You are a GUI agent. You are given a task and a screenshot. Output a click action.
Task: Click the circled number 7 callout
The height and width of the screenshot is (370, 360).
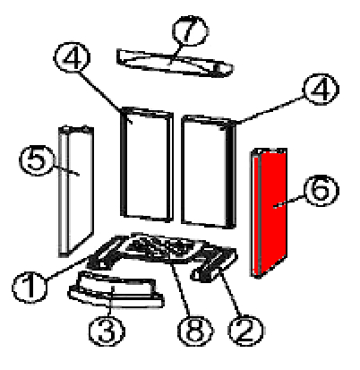point(190,30)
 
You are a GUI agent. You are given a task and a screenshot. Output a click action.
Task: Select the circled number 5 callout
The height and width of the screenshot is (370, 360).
point(37,160)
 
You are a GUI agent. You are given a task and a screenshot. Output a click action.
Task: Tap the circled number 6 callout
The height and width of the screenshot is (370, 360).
point(321,191)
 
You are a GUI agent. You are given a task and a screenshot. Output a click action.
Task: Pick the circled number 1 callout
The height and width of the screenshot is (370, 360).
point(30,288)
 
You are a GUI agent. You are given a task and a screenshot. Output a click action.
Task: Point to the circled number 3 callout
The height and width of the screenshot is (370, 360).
point(107,331)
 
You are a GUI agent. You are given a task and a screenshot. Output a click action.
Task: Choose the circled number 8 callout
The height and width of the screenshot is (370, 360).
point(195,331)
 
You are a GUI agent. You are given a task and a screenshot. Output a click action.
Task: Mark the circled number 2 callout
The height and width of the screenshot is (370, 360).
point(245,331)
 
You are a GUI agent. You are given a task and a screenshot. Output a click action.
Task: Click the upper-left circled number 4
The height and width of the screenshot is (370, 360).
point(72,57)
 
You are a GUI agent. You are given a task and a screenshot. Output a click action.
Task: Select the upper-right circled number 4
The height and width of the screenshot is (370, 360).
point(321,89)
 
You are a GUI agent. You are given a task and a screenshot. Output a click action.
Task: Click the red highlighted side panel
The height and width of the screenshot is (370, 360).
point(270,212)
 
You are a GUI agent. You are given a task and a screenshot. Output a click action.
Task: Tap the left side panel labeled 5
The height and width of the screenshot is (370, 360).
point(76,191)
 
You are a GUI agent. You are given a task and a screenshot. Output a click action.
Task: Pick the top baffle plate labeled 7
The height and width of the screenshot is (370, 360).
point(175,63)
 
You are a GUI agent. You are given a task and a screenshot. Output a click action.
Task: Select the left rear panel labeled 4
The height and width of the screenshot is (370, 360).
point(147,164)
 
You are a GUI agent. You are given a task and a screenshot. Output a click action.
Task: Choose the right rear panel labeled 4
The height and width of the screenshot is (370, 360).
point(209,172)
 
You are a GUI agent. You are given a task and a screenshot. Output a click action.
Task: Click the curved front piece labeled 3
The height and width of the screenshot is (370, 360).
point(116,289)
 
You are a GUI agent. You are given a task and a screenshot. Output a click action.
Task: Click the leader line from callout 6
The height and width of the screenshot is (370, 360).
point(289,202)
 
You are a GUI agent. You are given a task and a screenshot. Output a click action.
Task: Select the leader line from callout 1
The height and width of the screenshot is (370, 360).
point(68,268)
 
